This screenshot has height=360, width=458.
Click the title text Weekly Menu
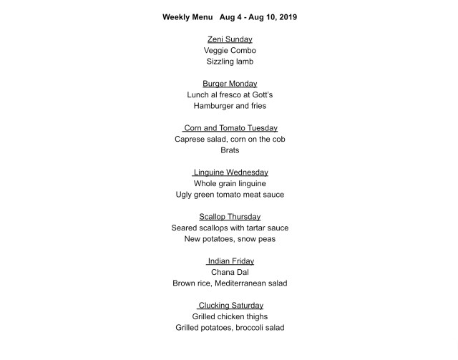tap(188, 16)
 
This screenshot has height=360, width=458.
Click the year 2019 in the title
tap(286, 16)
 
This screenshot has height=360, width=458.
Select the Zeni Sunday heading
tap(230, 39)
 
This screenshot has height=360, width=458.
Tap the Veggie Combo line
tap(230, 51)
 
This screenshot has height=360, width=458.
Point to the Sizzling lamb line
tap(230, 62)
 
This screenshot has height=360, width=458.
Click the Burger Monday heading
tap(230, 84)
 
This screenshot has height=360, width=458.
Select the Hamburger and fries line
tap(230, 106)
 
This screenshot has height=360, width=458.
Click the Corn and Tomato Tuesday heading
tap(230, 128)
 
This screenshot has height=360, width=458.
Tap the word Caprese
tap(193, 140)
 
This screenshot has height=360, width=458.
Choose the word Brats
tap(230, 150)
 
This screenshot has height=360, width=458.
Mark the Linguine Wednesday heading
tap(230, 172)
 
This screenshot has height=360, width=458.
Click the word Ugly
tap(186, 195)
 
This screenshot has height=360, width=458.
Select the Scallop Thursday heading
tap(230, 217)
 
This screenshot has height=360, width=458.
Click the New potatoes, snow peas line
tap(230, 239)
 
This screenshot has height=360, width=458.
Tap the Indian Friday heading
tap(230, 261)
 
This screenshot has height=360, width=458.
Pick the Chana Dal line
tap(230, 273)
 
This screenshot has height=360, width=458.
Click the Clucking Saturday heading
tap(230, 306)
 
